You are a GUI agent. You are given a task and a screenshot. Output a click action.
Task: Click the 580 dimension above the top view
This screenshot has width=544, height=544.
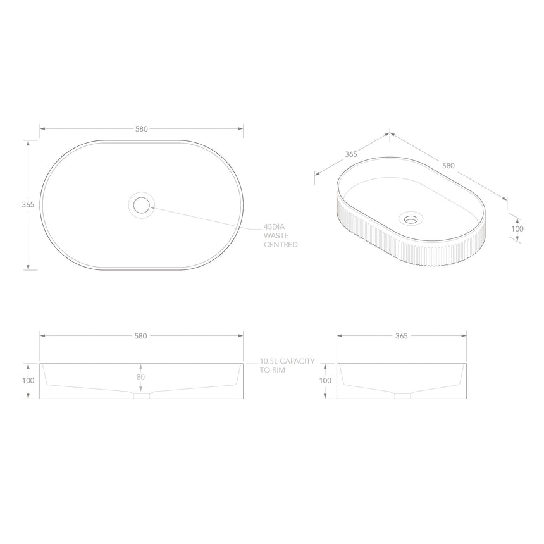141,129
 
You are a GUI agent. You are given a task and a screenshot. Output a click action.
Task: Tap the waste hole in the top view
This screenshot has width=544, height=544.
141,205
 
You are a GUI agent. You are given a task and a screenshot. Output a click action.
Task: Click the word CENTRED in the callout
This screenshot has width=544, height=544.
281,244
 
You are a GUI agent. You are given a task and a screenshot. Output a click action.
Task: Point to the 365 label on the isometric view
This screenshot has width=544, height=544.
351,154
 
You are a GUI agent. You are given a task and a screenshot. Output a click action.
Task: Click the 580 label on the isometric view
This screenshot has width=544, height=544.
448,166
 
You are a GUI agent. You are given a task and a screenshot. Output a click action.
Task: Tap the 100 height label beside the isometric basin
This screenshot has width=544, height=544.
517,228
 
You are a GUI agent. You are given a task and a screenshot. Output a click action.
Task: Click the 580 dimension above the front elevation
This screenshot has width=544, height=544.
141,336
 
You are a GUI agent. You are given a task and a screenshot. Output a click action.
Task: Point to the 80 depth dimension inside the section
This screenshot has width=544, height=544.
140,377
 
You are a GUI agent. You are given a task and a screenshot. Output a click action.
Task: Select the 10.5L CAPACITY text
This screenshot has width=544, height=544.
287,361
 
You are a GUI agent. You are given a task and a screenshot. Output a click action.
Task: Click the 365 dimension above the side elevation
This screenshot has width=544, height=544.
401,336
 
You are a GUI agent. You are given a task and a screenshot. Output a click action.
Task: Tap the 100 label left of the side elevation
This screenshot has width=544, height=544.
325,381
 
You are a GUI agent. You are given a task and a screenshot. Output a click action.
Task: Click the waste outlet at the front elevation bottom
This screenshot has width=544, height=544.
141,396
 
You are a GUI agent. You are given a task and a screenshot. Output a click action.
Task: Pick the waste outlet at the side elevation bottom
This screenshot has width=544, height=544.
401,396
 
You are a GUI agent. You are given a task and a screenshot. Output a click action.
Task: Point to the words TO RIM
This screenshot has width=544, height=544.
272,369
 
